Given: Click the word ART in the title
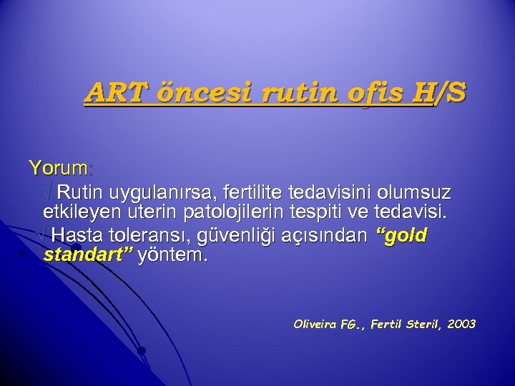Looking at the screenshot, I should coord(111,92).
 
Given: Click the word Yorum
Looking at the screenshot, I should coord(58,169).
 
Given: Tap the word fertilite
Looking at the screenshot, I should coord(256,192).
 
